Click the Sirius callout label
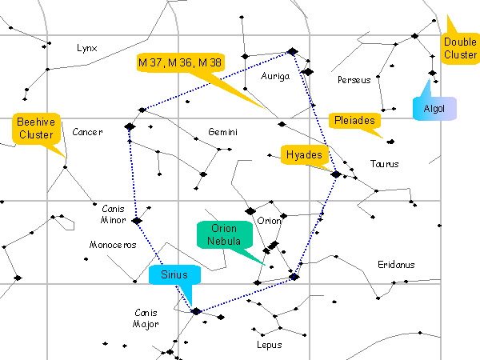[x=173, y=274]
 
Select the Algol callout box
[x=434, y=107]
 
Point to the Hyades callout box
[x=304, y=154]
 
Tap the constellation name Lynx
[x=86, y=48]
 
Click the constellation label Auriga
[x=274, y=76]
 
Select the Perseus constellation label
[x=354, y=80]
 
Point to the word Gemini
[x=222, y=132]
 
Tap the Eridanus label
[x=397, y=264]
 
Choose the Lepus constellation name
[x=270, y=346]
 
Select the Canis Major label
[x=145, y=318]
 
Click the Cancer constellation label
[x=87, y=132]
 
